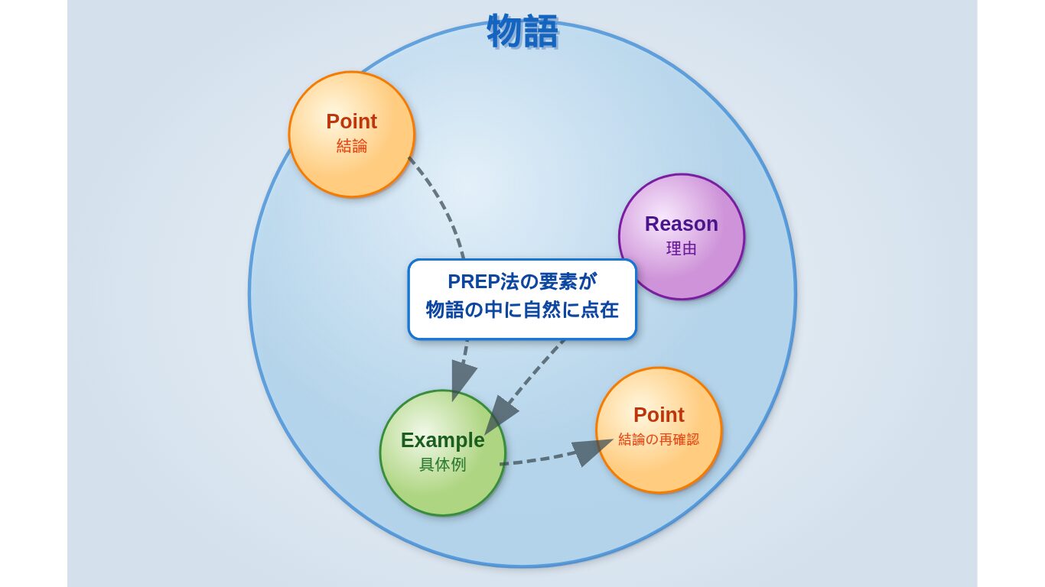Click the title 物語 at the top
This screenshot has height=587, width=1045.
(x=522, y=31)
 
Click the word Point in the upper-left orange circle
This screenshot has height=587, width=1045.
(x=351, y=122)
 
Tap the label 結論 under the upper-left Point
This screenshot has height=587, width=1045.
(x=352, y=146)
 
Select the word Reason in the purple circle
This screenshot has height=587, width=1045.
(x=681, y=224)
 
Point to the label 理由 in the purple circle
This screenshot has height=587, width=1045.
(x=682, y=248)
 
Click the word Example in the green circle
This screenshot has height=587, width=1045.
(x=443, y=440)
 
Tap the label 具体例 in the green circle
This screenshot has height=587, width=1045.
(x=443, y=465)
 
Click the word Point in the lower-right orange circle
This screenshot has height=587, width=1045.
(x=659, y=415)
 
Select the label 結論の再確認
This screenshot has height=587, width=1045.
(x=659, y=439)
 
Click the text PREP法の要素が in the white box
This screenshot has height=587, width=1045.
(x=522, y=281)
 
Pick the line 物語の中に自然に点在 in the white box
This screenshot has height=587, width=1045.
(x=522, y=310)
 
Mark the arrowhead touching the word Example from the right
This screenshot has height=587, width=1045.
(x=500, y=414)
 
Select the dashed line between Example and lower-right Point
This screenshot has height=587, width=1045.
(x=541, y=459)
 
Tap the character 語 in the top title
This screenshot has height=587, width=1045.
(x=541, y=31)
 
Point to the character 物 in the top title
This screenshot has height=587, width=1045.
(x=505, y=31)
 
